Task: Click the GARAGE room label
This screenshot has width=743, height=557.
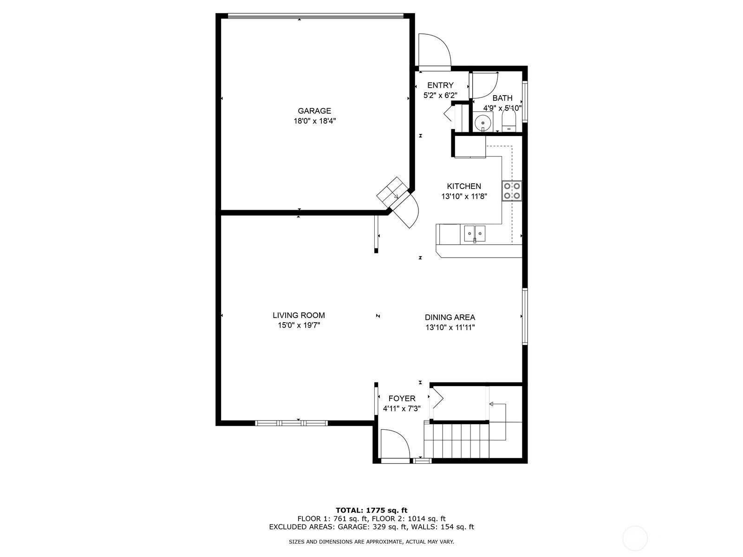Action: coord(314,110)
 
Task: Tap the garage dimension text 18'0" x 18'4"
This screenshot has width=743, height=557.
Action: coord(314,121)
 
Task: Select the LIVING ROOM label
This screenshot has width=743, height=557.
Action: coord(299,315)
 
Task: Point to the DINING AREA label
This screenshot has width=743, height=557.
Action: coord(450,317)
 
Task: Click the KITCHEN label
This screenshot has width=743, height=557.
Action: coord(464,186)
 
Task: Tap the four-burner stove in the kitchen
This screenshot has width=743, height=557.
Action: coord(512,191)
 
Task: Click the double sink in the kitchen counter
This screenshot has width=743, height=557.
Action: coord(475,233)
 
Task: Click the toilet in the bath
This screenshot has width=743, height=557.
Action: coord(508,121)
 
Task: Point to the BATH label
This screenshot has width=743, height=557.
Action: coord(502,98)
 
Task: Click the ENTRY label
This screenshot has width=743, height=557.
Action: coord(440,85)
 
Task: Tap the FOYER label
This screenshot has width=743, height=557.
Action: coord(402,398)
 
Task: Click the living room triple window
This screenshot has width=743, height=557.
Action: coord(292,423)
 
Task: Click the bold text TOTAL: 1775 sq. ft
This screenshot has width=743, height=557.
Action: coord(371,510)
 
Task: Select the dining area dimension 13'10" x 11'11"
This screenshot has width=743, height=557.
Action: coord(450,327)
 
